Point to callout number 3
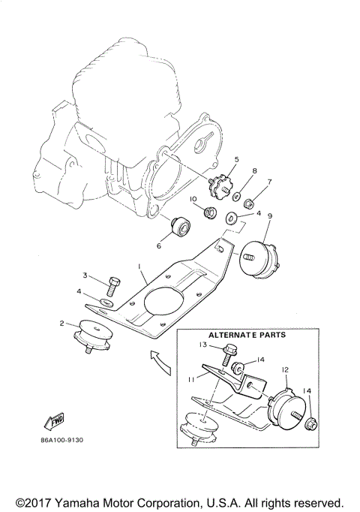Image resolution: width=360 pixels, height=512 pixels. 85,276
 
